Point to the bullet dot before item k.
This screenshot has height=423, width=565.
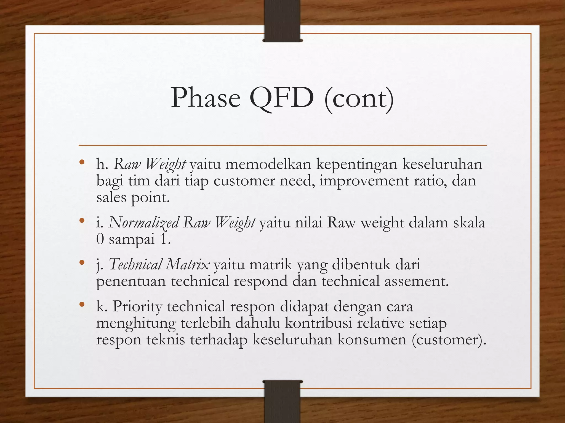pos(81,305)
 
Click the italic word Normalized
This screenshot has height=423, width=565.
pos(143,223)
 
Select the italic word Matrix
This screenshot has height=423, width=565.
pos(188,264)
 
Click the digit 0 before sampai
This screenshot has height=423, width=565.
pos(100,239)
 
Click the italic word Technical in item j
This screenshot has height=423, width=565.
pos(135,264)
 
